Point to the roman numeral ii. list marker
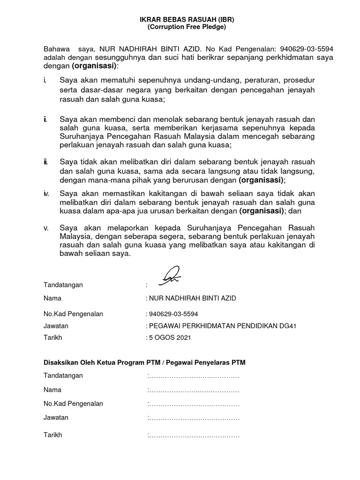[45, 120]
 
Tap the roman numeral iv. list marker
[46, 194]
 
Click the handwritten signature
[171, 276]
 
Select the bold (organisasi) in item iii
[261, 180]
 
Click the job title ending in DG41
[222, 325]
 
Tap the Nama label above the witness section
[52, 298]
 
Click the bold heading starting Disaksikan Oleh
[144, 362]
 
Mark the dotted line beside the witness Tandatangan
[193, 376]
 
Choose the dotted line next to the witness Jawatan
[193, 418]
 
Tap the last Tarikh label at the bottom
[52, 435]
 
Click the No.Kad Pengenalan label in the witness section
[73, 404]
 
